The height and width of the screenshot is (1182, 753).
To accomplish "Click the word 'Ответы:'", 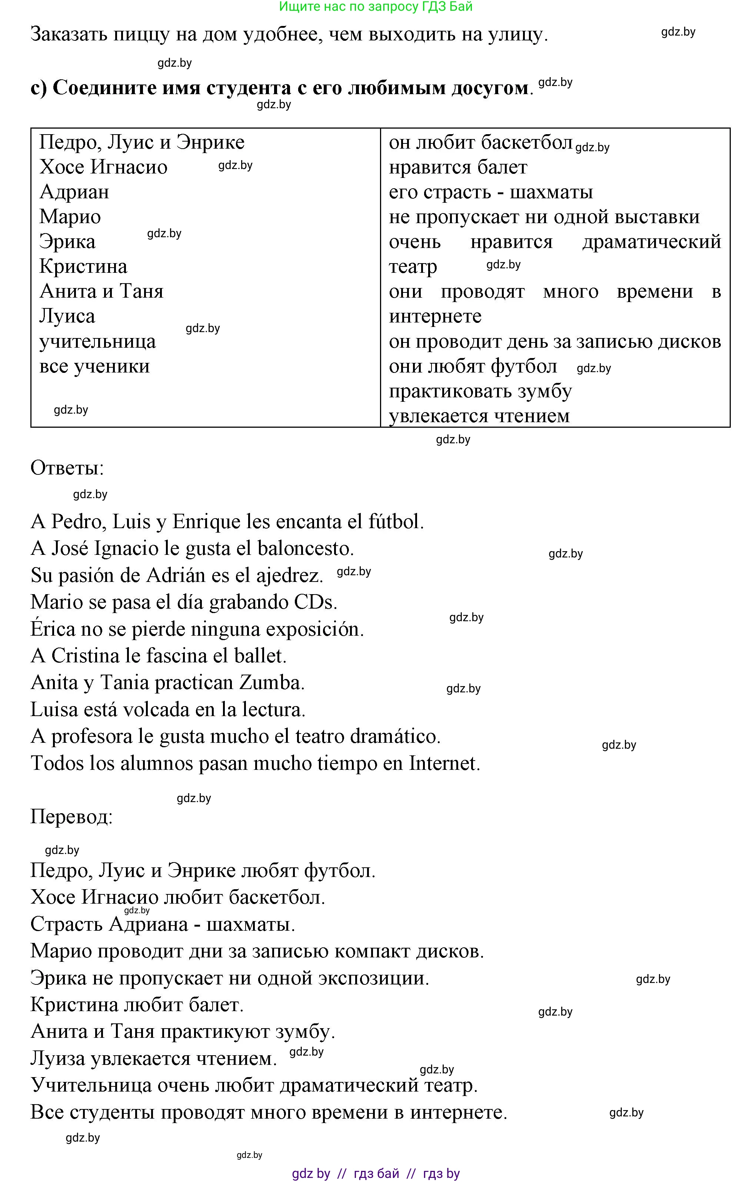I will click(x=67, y=468).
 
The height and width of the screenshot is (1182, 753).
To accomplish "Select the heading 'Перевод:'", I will click(x=71, y=817).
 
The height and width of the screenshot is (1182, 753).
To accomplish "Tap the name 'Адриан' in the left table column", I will click(x=74, y=192).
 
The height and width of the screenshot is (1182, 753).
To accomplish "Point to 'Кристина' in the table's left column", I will click(x=83, y=266).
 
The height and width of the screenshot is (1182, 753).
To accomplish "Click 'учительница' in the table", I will click(x=98, y=342).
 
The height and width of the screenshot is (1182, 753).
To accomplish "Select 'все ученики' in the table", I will click(x=95, y=366).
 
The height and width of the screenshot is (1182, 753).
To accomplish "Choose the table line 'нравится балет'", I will click(x=458, y=168).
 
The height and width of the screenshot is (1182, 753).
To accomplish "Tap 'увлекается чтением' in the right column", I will click(x=479, y=416).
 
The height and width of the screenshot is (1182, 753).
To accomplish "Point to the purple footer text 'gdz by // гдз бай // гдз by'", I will click(x=376, y=1173).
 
